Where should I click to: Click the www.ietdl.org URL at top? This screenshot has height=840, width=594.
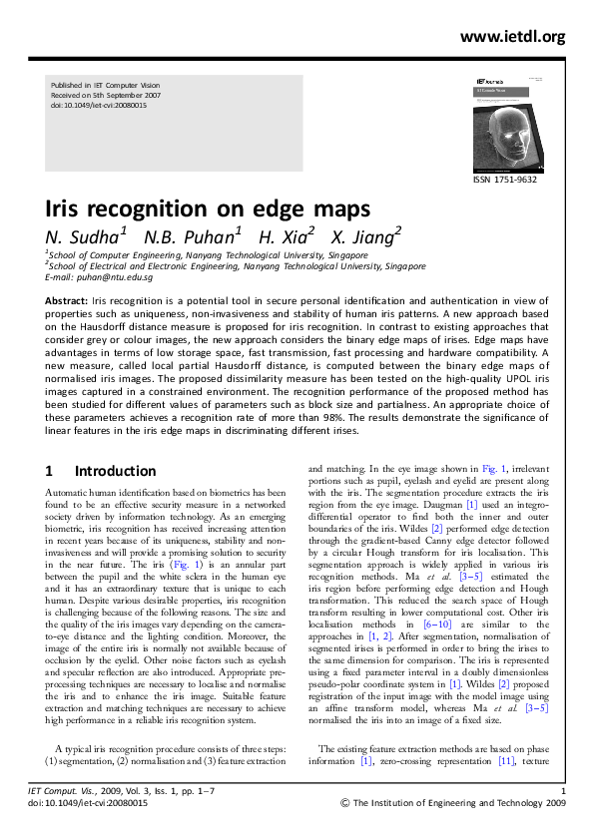[512, 37]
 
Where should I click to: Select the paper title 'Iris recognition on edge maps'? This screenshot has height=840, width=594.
[208, 210]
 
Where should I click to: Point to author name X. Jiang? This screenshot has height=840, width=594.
[366, 236]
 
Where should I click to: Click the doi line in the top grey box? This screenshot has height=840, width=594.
[98, 105]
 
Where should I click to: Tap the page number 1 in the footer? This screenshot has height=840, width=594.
[564, 791]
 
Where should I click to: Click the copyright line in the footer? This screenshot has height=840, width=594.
[453, 802]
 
